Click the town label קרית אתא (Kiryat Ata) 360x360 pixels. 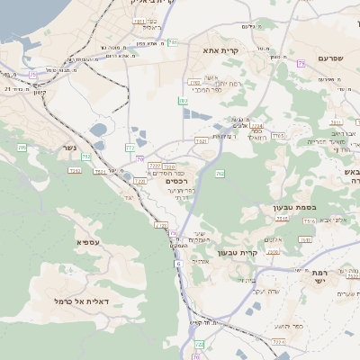220,50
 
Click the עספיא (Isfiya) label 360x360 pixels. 87,241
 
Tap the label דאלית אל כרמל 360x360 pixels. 81,301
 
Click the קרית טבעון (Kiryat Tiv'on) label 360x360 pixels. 263,253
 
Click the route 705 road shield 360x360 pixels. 22,147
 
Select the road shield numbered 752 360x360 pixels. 85,157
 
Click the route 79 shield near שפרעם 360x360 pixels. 301,63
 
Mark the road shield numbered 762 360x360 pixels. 220,172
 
